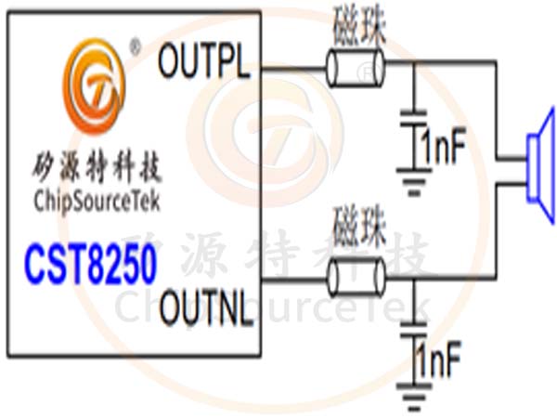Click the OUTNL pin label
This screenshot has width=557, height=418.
206,310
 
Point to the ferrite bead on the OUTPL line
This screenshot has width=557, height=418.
356,67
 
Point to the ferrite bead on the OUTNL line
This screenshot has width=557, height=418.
356,276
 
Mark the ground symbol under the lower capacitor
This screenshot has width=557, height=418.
410,394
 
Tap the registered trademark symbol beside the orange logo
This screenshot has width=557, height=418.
135,45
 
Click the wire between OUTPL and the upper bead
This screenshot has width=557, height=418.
291,67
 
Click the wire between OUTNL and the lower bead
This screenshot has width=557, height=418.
291,276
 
